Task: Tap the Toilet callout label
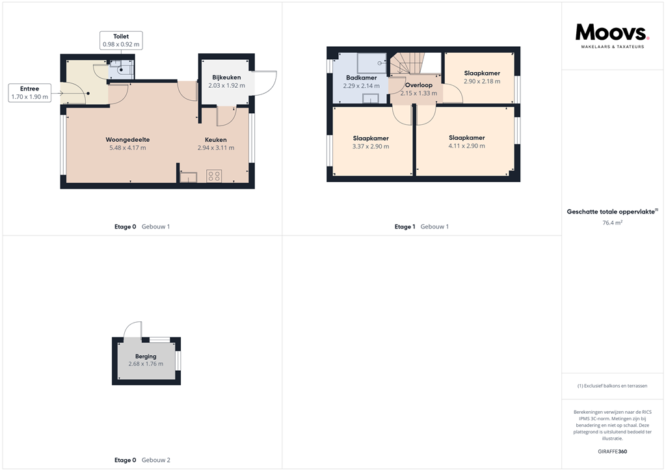coord(121,40)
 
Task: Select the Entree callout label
coord(29,93)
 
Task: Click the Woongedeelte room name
coord(128,139)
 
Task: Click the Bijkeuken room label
coord(226,77)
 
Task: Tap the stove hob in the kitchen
coord(214,176)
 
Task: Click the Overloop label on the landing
coord(418,85)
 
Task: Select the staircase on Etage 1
coord(406,64)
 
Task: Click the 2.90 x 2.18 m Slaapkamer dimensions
coord(482,81)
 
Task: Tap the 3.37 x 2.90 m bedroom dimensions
coord(371,146)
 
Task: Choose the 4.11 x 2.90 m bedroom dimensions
coord(466,146)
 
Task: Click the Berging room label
coord(146,357)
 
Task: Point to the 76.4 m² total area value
coord(613,222)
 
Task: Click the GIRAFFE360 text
coord(612,451)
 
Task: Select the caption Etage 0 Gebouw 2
coord(142,460)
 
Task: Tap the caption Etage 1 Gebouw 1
coord(421,226)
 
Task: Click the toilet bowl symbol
coord(122,69)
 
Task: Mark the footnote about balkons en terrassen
coord(612,386)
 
